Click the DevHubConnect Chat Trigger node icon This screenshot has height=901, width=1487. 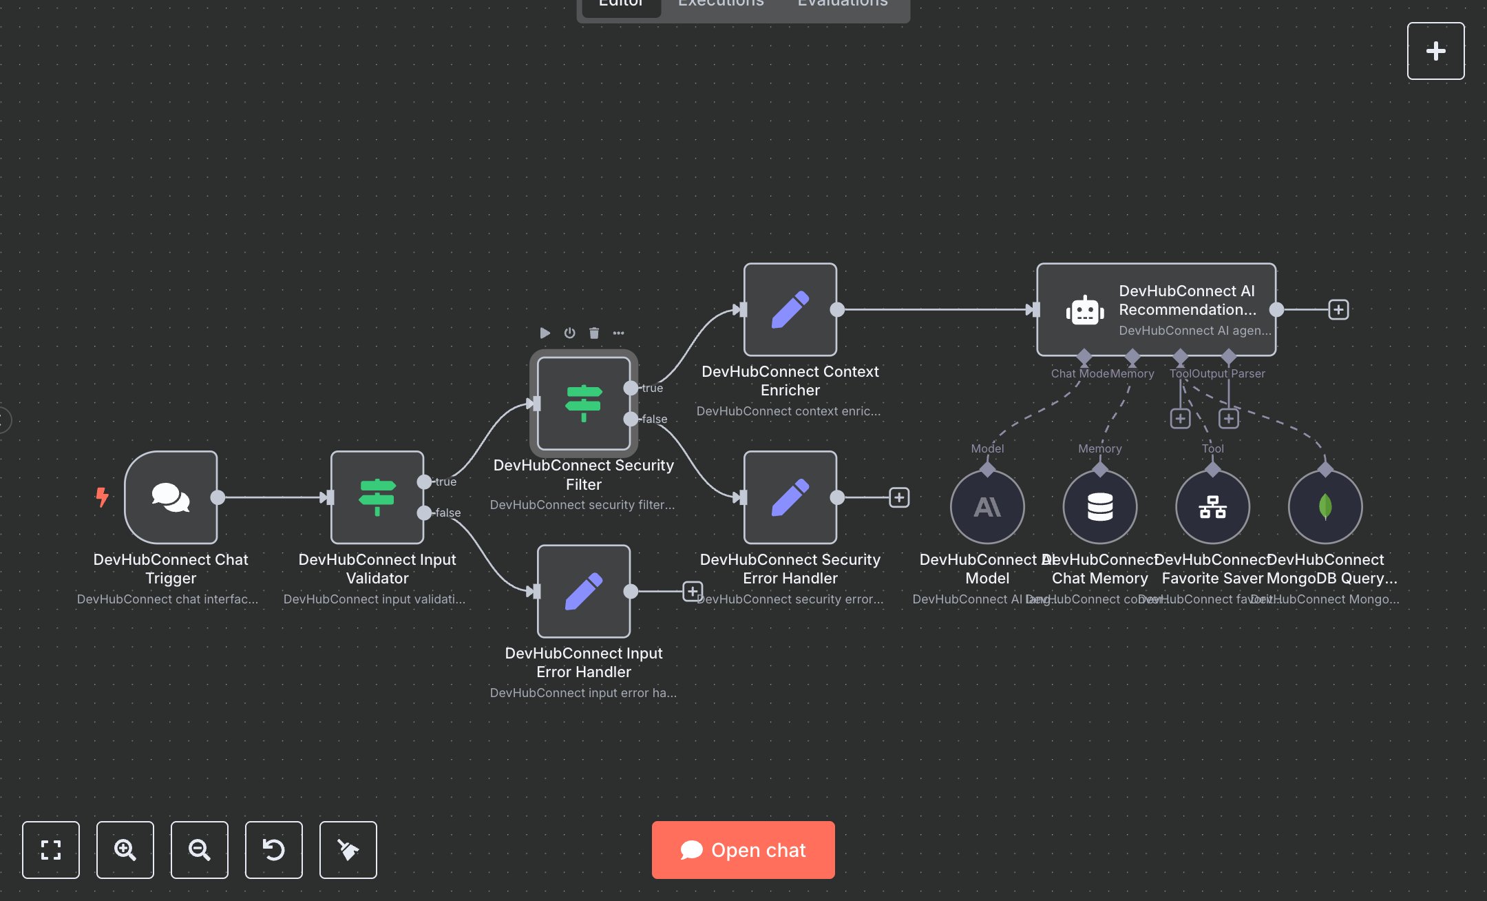tap(171, 497)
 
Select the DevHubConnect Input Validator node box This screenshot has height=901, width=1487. tap(377, 497)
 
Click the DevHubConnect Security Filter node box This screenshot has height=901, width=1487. tap(584, 403)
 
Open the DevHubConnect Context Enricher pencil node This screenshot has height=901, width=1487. tap(790, 309)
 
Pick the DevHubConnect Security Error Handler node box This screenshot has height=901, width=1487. tap(790, 497)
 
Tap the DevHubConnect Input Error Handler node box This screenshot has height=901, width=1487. tap(584, 591)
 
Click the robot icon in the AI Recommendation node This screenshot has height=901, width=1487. tap(1085, 311)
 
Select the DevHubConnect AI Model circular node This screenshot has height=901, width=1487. tap(987, 507)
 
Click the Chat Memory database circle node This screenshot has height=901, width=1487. tap(1100, 507)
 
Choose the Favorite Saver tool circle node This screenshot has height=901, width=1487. tap(1212, 507)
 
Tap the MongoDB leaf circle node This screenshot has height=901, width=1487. tap(1325, 507)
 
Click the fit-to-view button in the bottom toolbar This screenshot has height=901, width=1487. tap(51, 849)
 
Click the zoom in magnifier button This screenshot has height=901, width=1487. tap(125, 849)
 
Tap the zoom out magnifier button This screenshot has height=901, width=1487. tap(200, 849)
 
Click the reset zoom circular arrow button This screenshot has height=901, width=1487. tap(274, 849)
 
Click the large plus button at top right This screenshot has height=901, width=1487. tap(1435, 51)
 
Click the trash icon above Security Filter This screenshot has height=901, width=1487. tap(594, 333)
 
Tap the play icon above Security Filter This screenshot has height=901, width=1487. tap(545, 333)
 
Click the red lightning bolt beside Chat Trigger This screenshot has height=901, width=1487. tap(103, 497)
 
